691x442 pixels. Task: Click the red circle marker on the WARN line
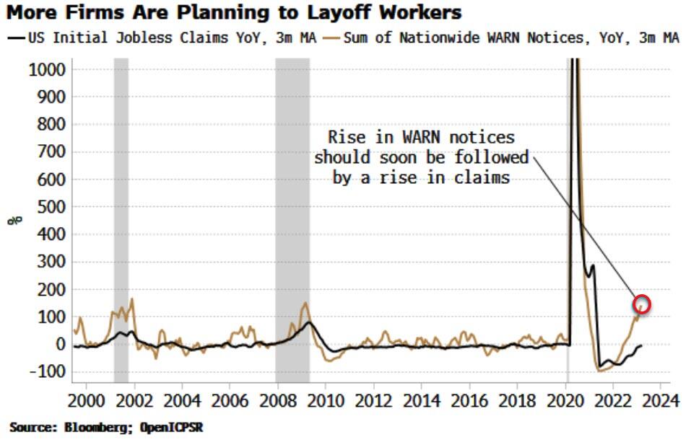pos(642,304)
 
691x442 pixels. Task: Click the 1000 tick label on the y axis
pos(48,69)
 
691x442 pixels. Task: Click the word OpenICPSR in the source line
pos(174,427)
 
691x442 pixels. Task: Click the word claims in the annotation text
pos(485,177)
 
